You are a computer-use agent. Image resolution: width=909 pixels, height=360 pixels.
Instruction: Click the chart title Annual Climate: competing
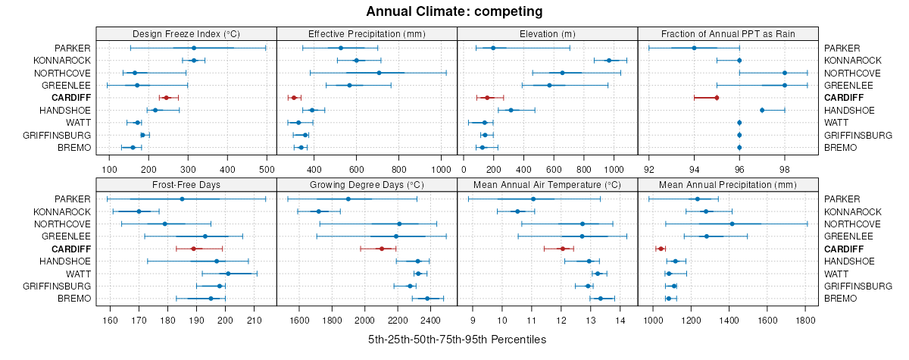454,11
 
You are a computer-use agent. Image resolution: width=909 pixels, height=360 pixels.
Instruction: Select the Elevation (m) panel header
548,33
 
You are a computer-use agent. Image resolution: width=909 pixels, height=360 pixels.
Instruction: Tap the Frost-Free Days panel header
186,184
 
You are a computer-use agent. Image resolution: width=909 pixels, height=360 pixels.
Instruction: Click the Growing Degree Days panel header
367,184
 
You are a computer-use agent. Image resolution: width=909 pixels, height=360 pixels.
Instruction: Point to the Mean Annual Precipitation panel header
728,184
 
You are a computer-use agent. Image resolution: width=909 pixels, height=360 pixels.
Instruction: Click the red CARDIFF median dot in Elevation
487,98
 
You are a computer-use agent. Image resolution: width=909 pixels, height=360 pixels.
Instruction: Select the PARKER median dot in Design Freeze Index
194,48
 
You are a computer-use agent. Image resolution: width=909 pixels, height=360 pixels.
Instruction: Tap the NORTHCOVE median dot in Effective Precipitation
379,73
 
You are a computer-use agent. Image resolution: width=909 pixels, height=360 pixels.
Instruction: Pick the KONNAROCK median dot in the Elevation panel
608,61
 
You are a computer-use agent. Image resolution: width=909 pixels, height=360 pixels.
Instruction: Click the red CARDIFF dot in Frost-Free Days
193,249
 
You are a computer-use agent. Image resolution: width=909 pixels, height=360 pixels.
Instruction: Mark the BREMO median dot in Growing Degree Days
427,299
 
